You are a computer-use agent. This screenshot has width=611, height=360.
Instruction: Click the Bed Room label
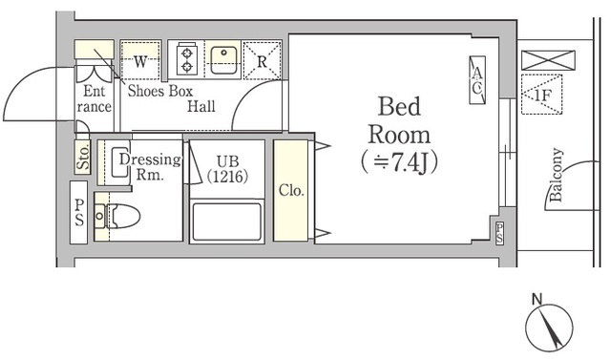(399, 120)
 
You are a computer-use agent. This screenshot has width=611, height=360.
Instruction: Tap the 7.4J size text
(399, 162)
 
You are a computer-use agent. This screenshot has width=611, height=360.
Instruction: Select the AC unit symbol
(477, 80)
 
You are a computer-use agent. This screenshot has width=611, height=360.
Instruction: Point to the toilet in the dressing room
(117, 216)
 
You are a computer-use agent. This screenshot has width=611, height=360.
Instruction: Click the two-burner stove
(187, 60)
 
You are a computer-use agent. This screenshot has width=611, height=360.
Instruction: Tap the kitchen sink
(223, 60)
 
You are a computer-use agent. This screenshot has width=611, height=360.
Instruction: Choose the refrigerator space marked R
(262, 61)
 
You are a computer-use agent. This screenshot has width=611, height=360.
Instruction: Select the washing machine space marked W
(140, 60)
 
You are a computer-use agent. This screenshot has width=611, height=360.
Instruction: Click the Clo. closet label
(291, 191)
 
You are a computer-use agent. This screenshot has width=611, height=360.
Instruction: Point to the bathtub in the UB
(226, 221)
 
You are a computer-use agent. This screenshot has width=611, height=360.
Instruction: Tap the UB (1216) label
(227, 169)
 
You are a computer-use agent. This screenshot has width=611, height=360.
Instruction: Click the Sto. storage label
(82, 157)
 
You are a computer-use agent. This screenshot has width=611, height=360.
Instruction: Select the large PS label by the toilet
(79, 213)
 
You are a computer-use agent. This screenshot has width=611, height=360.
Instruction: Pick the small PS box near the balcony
(499, 233)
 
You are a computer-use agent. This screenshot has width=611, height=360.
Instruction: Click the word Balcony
(556, 174)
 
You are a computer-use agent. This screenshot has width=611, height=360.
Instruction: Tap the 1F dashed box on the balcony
(541, 95)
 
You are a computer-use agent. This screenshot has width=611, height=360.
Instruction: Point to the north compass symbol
(549, 326)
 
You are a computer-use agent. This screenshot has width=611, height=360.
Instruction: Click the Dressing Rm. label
(151, 167)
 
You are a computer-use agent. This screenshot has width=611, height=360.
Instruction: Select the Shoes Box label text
(160, 91)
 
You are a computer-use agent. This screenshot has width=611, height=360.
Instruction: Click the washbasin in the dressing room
(120, 162)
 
